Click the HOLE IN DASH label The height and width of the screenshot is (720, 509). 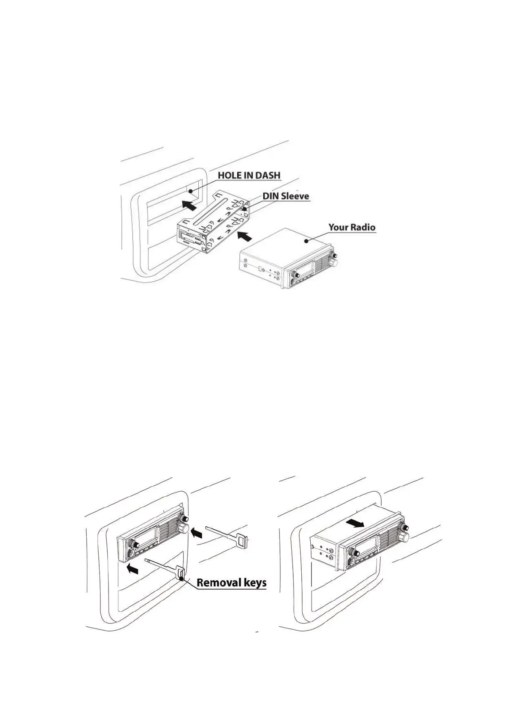(249, 175)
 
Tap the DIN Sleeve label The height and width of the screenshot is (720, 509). (285, 196)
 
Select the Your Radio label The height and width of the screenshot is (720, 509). (352, 227)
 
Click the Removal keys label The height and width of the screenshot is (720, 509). (231, 582)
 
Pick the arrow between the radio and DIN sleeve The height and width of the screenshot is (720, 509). (244, 234)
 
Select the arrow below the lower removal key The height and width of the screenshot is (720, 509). (133, 569)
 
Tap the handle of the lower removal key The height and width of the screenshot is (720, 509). (180, 573)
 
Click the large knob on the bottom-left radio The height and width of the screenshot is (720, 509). (185, 528)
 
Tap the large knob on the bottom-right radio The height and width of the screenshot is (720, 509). (403, 536)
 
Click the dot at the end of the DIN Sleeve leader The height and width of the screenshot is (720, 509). (245, 210)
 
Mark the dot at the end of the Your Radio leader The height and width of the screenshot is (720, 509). (306, 241)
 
